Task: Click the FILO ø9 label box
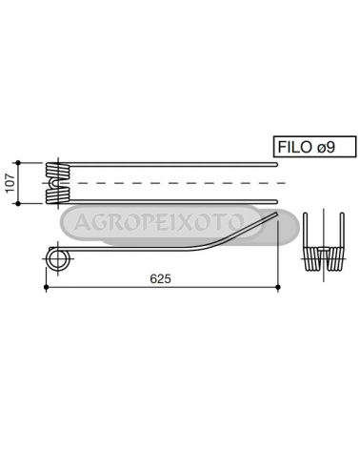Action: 315,147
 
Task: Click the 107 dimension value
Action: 10,183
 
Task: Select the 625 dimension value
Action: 160,278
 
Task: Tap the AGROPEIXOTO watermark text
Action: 159,222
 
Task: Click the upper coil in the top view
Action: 57,171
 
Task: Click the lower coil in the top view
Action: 57,195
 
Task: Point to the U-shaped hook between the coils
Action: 54,183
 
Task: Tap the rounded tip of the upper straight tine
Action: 276,164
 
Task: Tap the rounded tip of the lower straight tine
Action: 276,201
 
